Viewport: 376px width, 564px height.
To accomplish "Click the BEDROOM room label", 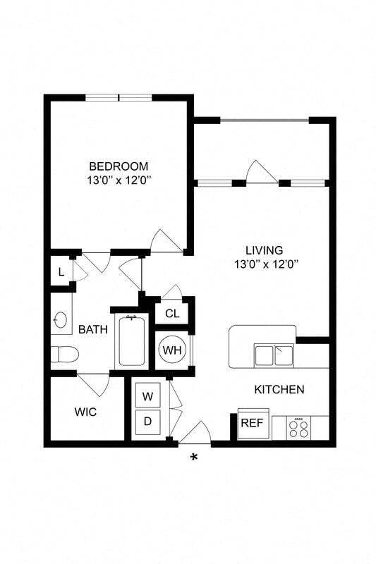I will (119, 166).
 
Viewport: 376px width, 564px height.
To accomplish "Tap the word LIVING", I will (264, 250).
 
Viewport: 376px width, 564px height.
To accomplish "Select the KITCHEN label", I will (279, 389).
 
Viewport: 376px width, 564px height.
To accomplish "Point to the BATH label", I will (92, 329).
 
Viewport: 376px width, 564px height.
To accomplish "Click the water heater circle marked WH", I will (171, 349).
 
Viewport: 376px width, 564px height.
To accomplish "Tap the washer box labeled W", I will (147, 396).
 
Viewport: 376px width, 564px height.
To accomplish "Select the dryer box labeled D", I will (147, 422).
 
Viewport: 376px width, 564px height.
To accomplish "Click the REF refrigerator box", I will (251, 423).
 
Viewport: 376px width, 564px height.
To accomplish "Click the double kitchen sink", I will (274, 355).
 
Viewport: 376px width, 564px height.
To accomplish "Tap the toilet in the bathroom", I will (63, 355).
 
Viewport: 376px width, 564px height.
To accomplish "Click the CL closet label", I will (171, 314).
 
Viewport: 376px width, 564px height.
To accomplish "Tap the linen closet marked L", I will (61, 272).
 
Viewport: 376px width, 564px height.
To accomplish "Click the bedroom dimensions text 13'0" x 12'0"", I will (119, 180).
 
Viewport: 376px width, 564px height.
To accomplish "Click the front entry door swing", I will (195, 433).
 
